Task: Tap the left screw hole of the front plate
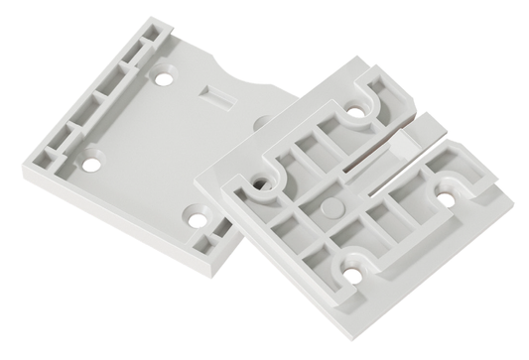click(260, 183)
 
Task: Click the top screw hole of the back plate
click(165, 75)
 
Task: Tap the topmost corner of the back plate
click(146, 18)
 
